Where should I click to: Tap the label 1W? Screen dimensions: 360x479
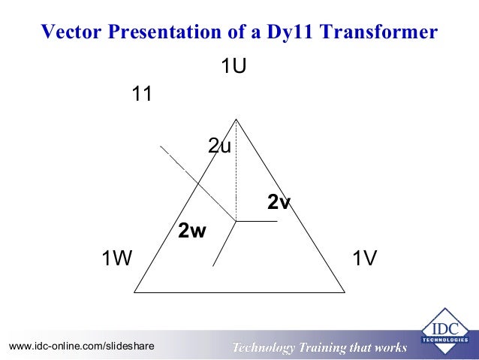[117, 259]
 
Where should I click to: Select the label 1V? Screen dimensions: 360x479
[364, 259]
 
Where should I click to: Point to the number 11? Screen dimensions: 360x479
[143, 95]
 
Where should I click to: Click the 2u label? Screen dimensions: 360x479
[219, 146]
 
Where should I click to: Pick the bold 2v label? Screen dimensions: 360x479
[279, 201]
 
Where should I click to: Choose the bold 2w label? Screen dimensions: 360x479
[191, 231]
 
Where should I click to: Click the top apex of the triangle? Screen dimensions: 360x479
[236, 119]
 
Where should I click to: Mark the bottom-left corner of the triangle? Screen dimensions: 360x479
[134, 291]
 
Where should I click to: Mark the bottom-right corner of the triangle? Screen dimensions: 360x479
[345, 291]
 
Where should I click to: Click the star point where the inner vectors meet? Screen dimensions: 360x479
[236, 221]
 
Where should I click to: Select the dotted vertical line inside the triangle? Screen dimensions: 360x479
[236, 173]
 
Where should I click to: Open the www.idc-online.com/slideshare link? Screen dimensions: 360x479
[81, 346]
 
